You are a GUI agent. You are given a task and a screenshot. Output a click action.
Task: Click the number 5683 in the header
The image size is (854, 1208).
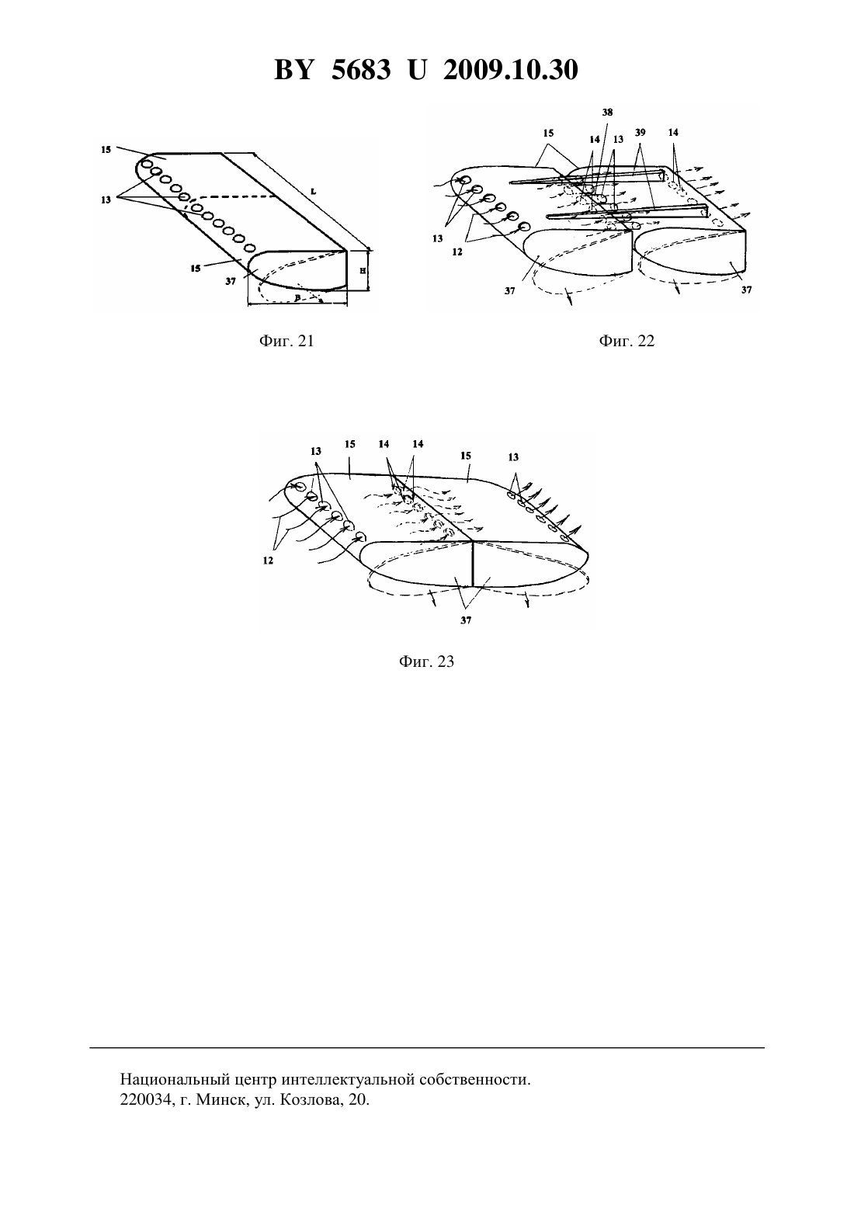(361, 70)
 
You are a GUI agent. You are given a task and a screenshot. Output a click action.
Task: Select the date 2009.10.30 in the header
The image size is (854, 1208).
(511, 70)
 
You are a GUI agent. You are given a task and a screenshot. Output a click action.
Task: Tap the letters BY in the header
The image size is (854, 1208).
(293, 70)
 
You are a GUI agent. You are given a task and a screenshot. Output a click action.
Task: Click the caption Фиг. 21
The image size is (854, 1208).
(286, 341)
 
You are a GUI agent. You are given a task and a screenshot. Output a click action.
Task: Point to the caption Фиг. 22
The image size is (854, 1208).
(627, 341)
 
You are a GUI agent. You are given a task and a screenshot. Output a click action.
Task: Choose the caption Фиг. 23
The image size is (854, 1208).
(426, 661)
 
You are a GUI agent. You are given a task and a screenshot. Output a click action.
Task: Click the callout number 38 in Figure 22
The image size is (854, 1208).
(608, 113)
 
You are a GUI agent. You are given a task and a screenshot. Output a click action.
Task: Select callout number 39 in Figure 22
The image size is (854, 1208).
(640, 132)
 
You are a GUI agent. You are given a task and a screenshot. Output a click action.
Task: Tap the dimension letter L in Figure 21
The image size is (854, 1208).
(314, 191)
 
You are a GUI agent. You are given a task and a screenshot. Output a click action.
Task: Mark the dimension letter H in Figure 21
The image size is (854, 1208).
(363, 271)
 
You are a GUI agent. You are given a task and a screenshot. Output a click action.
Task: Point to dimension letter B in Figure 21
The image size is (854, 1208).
(297, 297)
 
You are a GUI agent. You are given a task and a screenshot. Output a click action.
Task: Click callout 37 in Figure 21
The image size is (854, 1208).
(231, 281)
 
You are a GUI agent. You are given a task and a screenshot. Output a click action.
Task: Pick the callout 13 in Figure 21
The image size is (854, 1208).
(106, 200)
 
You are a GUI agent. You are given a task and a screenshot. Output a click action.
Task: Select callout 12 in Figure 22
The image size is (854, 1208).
(457, 252)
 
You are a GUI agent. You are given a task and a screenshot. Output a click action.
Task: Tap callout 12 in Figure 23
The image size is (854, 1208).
(268, 561)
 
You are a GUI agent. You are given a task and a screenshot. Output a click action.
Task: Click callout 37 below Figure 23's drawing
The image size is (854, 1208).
(466, 620)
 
